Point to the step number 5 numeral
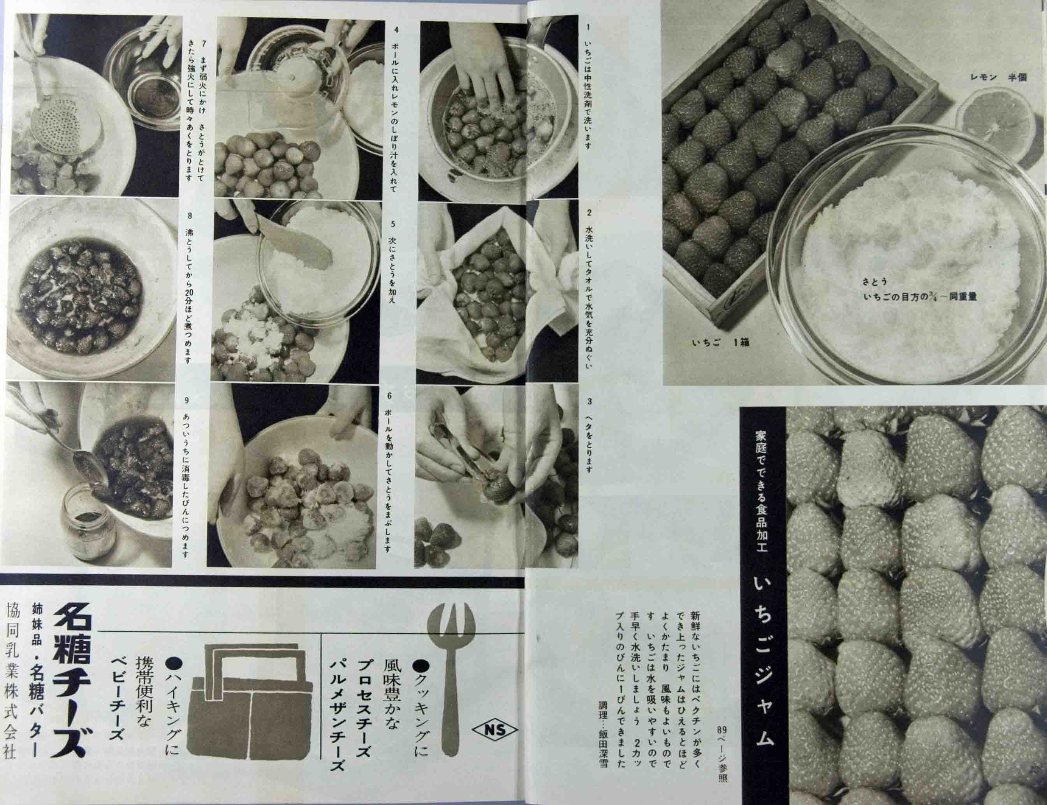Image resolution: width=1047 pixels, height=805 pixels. click(392, 223)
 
